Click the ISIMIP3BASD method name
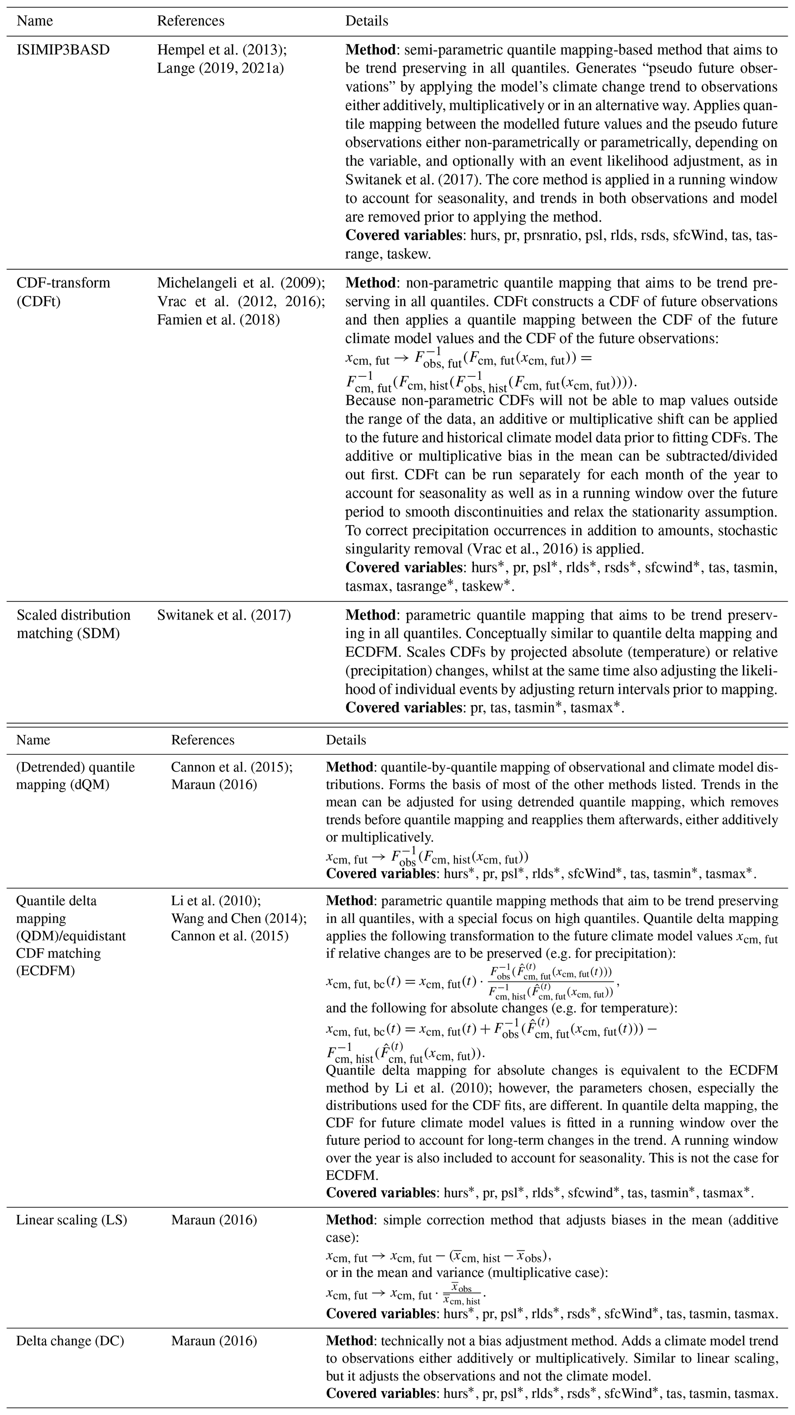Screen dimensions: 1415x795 (63, 50)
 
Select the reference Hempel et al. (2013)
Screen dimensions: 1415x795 (222, 50)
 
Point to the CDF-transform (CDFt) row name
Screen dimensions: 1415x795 (63, 292)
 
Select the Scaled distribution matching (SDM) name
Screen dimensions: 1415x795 (73, 624)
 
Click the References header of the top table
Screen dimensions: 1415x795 (191, 21)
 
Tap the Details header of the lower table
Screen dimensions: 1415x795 (346, 740)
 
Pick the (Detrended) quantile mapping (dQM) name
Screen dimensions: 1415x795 (75, 776)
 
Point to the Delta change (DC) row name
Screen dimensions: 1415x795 (70, 1341)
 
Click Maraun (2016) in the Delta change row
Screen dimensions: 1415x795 (214, 1341)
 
